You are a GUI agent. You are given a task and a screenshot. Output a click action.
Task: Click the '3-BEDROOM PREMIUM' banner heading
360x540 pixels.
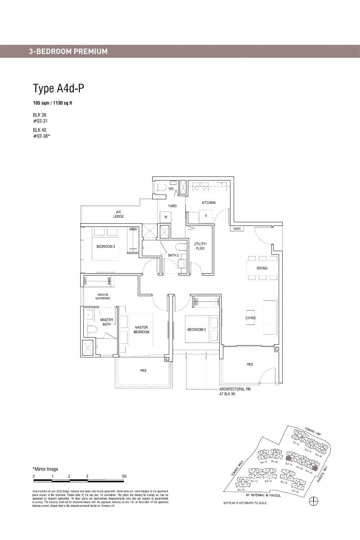tap(68, 51)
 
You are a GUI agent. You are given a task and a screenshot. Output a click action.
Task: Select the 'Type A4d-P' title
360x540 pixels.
tap(59, 88)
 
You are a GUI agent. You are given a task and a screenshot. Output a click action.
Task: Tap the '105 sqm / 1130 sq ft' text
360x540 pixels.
tap(53, 103)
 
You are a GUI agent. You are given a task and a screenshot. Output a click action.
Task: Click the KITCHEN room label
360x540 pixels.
tap(208, 203)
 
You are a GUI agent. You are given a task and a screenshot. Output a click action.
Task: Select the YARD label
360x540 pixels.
tap(172, 206)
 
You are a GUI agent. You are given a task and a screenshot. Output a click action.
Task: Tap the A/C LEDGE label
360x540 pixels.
tap(118, 214)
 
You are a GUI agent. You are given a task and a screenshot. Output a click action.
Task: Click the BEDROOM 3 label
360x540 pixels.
tap(105, 247)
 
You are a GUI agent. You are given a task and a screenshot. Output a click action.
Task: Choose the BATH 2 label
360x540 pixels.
tap(173, 255)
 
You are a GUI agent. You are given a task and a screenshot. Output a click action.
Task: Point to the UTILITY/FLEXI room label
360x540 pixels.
tap(200, 246)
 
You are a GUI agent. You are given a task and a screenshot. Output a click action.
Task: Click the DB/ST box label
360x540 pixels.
tap(237, 229)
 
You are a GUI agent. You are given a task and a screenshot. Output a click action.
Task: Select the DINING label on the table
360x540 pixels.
tap(262, 268)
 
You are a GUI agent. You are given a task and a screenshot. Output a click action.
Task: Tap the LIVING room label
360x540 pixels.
tap(251, 318)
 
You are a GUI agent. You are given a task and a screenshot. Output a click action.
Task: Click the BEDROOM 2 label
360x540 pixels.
tap(196, 330)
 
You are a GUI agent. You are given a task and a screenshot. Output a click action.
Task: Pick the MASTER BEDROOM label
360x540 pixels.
tap(141, 330)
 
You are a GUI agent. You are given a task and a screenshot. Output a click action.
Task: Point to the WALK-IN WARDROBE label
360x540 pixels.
tap(103, 296)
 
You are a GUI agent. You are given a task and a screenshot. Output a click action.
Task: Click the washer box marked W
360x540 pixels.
tap(166, 217)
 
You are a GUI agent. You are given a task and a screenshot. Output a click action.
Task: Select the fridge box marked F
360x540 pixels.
tap(206, 216)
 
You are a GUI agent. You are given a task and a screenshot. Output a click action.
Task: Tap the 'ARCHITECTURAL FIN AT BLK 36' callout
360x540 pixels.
tap(235, 392)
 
